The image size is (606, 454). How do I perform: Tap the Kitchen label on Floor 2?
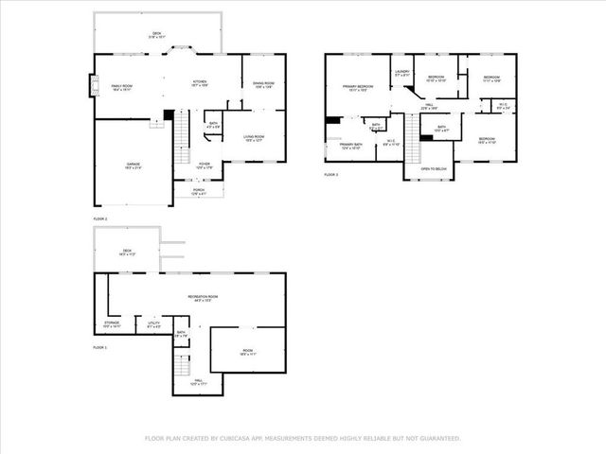[200, 83]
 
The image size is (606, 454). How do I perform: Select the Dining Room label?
[262, 86]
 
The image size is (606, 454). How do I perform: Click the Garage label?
[134, 166]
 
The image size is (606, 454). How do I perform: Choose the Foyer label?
[204, 165]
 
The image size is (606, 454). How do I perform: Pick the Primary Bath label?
[351, 146]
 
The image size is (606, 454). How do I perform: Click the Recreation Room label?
[198, 299]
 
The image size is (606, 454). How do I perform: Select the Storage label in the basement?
[112, 324]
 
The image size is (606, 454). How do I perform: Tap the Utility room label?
[153, 324]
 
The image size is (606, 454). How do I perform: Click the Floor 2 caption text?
[100, 218]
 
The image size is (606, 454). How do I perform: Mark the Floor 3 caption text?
[330, 175]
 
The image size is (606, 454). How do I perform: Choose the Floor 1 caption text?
[100, 349]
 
